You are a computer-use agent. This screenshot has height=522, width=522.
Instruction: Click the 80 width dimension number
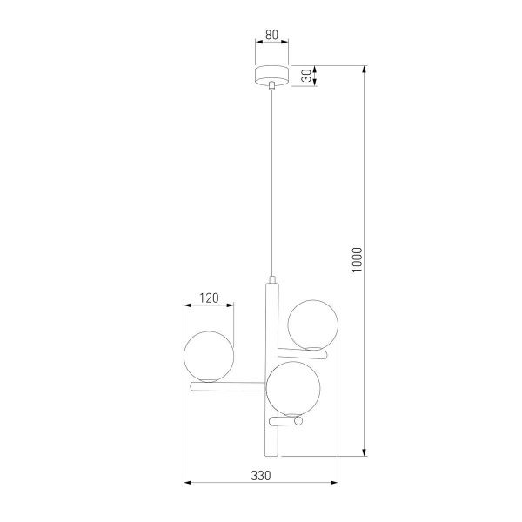(x=272, y=37)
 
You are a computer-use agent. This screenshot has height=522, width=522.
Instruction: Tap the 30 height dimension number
(x=307, y=75)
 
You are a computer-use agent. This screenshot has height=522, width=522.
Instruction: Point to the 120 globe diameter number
(x=209, y=297)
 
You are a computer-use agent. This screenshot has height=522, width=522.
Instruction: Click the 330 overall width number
(x=261, y=476)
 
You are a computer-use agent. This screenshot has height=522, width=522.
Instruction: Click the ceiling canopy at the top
(x=272, y=75)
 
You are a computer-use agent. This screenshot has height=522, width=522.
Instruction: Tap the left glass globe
(x=209, y=355)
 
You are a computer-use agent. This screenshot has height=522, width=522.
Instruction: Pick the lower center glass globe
(x=292, y=388)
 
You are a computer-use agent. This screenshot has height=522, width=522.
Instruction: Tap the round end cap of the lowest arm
(x=298, y=422)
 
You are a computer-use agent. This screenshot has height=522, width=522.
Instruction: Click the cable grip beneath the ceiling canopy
(x=272, y=86)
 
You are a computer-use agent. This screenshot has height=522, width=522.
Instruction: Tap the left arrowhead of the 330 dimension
(x=188, y=484)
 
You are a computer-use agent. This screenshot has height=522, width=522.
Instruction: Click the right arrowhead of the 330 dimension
(x=334, y=484)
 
